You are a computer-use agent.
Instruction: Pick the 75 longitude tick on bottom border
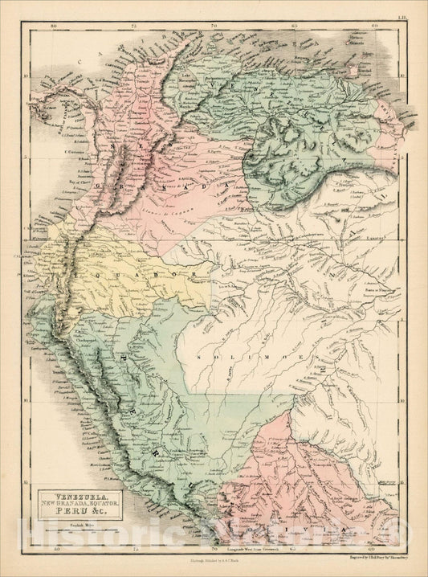(133, 550)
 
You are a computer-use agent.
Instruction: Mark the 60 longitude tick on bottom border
(374, 550)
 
